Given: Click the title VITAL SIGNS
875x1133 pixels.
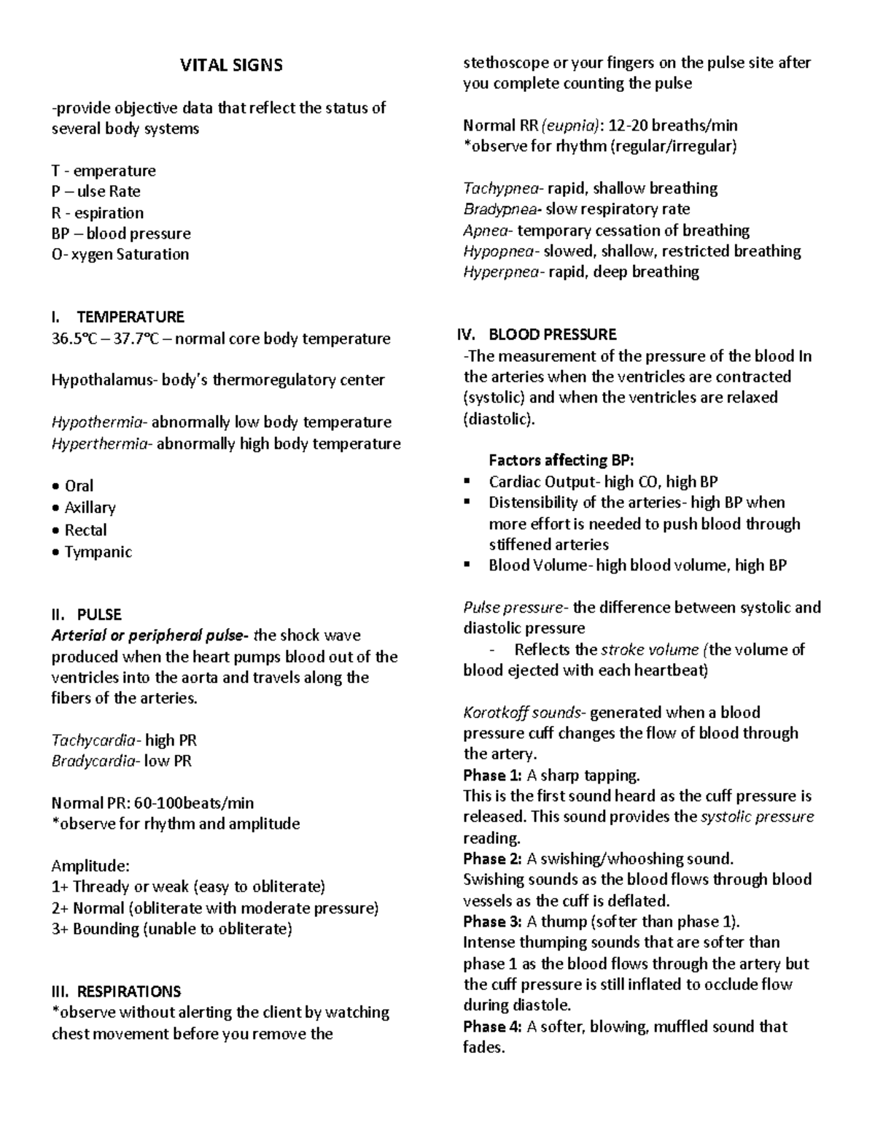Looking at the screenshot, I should [231, 66].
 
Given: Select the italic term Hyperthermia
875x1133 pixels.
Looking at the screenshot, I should [100, 444].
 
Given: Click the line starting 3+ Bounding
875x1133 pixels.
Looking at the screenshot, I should [171, 929].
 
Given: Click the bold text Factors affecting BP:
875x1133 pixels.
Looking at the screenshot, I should [561, 460].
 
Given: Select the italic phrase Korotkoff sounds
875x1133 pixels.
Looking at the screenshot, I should [524, 713].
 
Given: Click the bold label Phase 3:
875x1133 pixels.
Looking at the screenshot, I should [492, 921].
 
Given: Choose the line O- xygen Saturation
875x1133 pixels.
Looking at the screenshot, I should [120, 255].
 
